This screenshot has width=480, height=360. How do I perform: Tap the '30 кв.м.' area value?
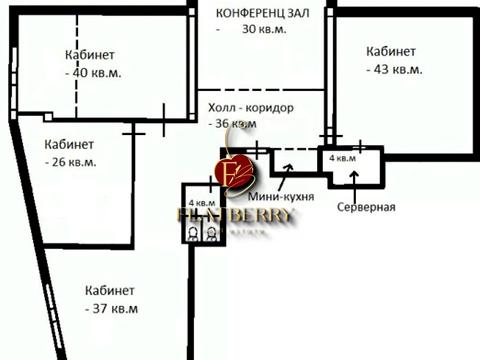(x=264, y=29)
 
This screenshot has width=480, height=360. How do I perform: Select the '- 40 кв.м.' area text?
(x=89, y=72)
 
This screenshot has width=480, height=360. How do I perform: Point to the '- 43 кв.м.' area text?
(x=392, y=69)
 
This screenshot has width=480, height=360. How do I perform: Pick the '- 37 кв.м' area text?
(x=110, y=307)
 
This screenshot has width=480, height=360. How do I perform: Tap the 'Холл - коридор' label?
(x=251, y=108)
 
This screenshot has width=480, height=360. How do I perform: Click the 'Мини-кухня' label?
(x=277, y=197)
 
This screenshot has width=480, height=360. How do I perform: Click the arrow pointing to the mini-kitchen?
(x=284, y=175)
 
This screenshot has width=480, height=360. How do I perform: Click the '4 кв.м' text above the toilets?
(x=201, y=203)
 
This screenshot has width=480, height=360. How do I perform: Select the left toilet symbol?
(x=192, y=234)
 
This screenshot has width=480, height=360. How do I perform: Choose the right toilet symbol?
(x=211, y=234)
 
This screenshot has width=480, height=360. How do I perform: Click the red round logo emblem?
(x=234, y=171)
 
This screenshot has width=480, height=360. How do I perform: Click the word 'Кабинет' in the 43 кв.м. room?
(x=391, y=51)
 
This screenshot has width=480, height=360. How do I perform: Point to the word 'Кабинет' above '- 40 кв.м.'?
(x=89, y=55)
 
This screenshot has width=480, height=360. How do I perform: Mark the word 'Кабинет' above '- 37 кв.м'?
(x=110, y=290)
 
